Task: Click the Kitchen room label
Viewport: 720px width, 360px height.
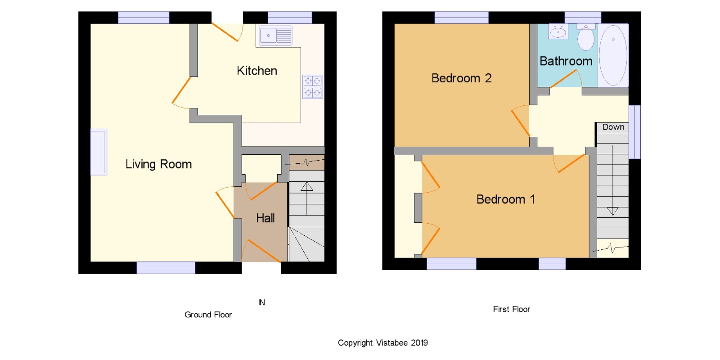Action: pyautogui.click(x=257, y=71)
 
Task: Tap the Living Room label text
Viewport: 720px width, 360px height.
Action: pyautogui.click(x=158, y=164)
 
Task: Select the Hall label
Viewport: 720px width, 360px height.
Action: pyautogui.click(x=265, y=218)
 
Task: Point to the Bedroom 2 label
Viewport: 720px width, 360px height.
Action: pyautogui.click(x=462, y=78)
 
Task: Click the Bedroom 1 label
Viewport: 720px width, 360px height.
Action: pyautogui.click(x=506, y=199)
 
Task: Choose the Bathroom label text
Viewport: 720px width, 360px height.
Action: pyautogui.click(x=566, y=61)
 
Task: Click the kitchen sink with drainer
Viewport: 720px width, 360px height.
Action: pyautogui.click(x=276, y=36)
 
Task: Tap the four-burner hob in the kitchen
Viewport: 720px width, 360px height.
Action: pyautogui.click(x=313, y=87)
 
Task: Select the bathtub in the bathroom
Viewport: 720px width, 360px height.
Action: pyautogui.click(x=613, y=55)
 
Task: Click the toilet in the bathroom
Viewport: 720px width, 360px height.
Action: pyautogui.click(x=586, y=37)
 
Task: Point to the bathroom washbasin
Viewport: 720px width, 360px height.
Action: pyautogui.click(x=558, y=31)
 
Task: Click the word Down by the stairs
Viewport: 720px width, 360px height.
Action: pyautogui.click(x=613, y=127)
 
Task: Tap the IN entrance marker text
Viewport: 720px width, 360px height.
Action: pyautogui.click(x=261, y=302)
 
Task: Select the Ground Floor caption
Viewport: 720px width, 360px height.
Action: pyautogui.click(x=208, y=315)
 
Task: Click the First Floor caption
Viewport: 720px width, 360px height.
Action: pyautogui.click(x=511, y=309)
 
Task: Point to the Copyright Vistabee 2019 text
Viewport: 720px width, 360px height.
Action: pyautogui.click(x=383, y=343)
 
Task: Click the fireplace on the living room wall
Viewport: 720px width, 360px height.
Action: pyautogui.click(x=99, y=152)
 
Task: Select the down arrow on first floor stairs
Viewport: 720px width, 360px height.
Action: pyautogui.click(x=612, y=180)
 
